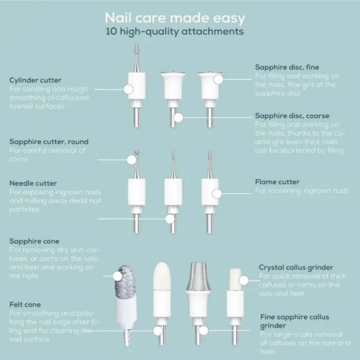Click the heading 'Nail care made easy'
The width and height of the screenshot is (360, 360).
[175, 18]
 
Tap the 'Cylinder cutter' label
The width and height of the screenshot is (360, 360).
[35, 80]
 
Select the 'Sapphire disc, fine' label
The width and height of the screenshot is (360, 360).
[287, 67]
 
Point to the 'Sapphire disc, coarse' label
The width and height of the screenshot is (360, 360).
[292, 116]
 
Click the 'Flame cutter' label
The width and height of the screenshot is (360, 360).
[277, 182]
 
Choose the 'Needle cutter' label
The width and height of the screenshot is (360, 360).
[33, 184]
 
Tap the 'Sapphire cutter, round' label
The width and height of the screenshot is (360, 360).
[49, 141]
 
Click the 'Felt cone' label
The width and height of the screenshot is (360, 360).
[25, 305]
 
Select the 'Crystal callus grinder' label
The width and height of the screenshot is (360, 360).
[296, 267]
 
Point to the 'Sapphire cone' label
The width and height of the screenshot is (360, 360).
[34, 241]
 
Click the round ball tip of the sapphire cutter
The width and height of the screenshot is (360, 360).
[137, 152]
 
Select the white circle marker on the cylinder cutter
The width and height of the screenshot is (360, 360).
[129, 89]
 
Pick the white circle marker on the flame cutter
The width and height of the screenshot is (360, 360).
[217, 194]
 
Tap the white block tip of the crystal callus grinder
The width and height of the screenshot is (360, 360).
[235, 279]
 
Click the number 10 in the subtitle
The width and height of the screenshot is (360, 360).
[111, 31]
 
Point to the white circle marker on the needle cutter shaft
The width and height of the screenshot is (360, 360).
[170, 219]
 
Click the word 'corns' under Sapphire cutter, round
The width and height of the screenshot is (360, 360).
[19, 159]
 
